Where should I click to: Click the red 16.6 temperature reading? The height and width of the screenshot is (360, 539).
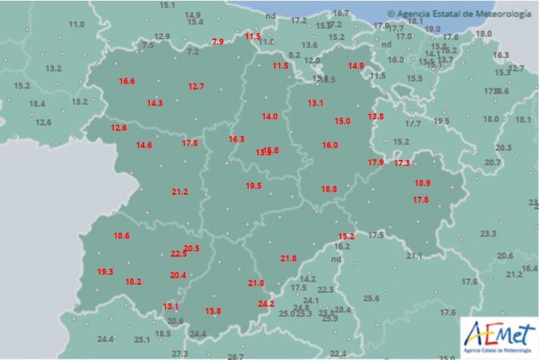coord(127,82)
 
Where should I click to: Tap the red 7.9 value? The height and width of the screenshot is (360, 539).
coord(217,42)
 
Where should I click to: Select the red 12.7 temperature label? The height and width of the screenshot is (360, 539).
coord(196,87)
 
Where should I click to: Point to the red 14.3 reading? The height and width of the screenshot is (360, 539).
coord(155,103)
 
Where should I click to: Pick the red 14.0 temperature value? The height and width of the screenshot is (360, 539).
coord(269,116)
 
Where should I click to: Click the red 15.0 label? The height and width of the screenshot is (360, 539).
coord(343,122)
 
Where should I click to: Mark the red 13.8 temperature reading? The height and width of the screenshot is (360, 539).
coord(376,116)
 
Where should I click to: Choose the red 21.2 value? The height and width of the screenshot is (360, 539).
coord(180,192)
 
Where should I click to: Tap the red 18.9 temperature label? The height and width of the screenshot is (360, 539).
coord(422,183)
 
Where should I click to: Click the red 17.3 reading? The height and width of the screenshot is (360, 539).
coord(402,163)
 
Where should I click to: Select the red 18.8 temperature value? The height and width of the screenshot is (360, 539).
coord(329,189)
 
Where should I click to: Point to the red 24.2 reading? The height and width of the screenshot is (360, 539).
coord(266,304)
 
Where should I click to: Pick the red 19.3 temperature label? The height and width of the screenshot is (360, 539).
coord(105,272)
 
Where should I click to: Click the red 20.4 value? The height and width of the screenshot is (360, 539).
coord(178,275)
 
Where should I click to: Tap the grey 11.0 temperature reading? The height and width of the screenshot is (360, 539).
coord(76,25)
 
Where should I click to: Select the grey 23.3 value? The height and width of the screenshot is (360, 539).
coord(488,234)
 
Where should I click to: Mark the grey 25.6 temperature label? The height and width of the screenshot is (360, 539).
coord(371,299)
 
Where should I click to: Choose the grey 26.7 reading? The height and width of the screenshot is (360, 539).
coord(236,356)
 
